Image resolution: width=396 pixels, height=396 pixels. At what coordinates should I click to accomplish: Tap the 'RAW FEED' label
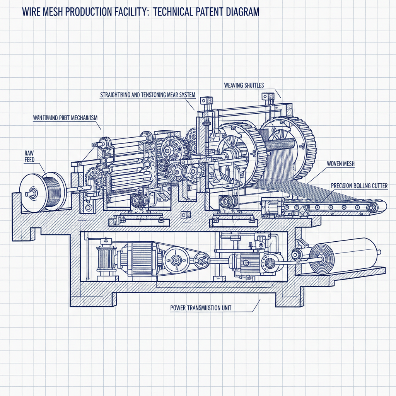pos(29,156)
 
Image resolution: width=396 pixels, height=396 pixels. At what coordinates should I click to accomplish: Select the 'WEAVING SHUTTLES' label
pos(244,85)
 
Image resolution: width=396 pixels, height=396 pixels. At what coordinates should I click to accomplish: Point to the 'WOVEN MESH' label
pos(341,164)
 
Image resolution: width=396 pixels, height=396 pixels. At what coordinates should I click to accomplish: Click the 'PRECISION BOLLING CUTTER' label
pos(359,186)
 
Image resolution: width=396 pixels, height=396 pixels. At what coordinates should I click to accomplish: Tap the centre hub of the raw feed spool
pos(31,193)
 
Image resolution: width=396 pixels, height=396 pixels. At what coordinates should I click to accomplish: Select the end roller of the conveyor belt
pos(372,208)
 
